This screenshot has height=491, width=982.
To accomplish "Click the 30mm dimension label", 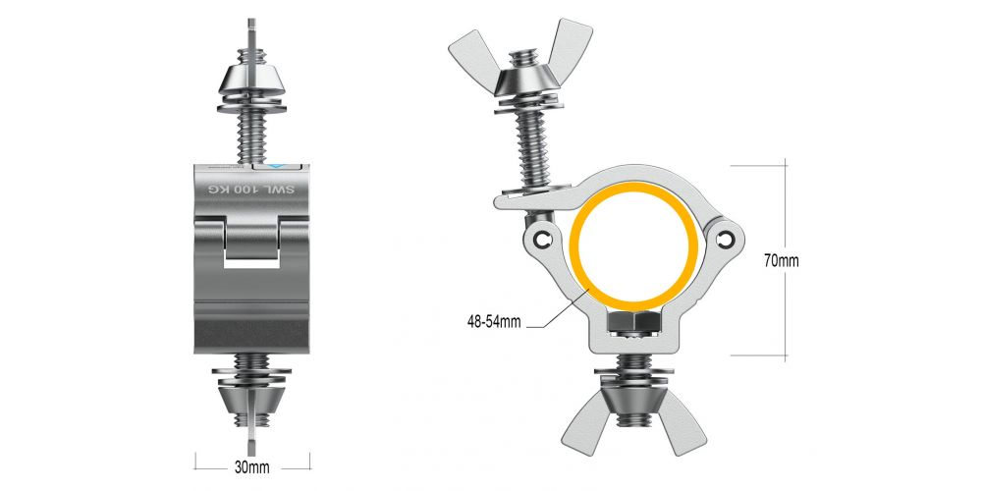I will pos(252,466).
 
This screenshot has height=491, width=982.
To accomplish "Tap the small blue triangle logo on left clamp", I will pos(277,167).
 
